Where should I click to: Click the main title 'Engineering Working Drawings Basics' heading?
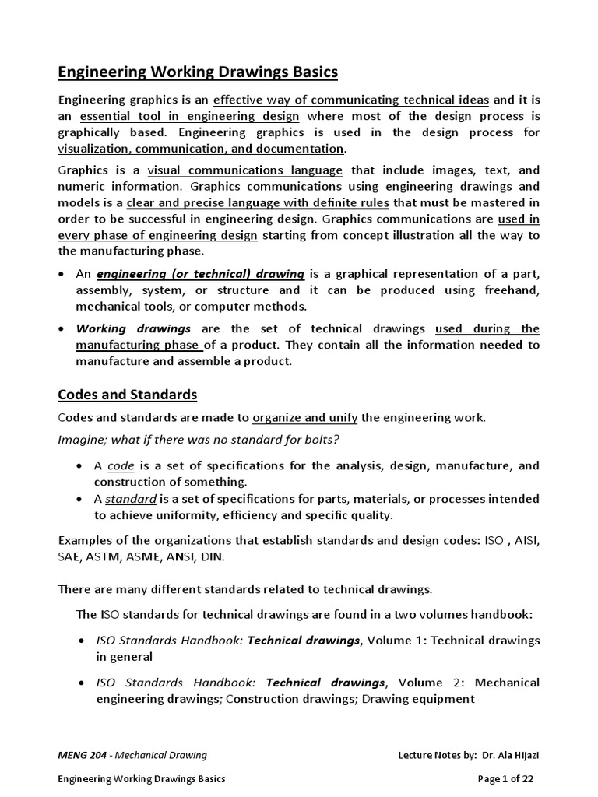(x=198, y=72)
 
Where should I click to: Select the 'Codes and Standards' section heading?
(x=128, y=394)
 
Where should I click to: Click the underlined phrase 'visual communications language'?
(x=244, y=170)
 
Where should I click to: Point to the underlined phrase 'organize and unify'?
(x=305, y=417)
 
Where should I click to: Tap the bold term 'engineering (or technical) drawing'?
(x=200, y=273)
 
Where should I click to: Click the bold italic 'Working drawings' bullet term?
(x=133, y=328)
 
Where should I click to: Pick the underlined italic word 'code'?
(x=121, y=465)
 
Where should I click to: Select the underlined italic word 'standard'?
(x=131, y=498)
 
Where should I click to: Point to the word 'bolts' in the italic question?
(x=320, y=440)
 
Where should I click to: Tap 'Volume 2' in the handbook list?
(x=417, y=682)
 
